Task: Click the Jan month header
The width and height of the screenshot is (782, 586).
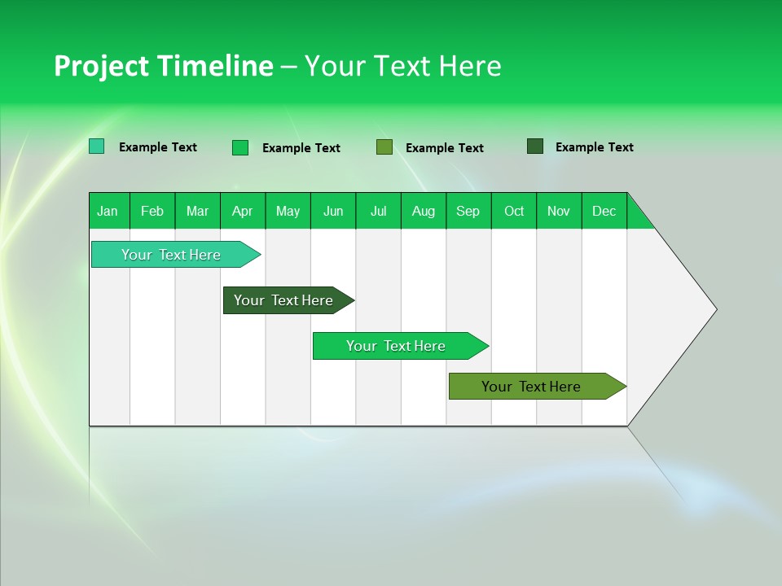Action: click(x=108, y=211)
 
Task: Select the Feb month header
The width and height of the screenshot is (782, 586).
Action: click(x=152, y=211)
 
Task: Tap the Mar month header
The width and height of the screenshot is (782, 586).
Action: click(x=197, y=211)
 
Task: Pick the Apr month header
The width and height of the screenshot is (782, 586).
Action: click(x=243, y=211)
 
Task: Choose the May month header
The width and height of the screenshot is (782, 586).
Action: click(x=288, y=211)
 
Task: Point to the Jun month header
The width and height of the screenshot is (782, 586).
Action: click(x=333, y=211)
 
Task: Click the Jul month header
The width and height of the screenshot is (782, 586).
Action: click(x=378, y=211)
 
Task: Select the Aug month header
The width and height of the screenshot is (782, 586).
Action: click(x=424, y=211)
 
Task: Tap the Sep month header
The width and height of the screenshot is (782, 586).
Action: click(x=468, y=211)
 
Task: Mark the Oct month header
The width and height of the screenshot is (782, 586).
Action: click(x=514, y=211)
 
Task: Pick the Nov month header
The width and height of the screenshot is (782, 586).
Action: click(x=559, y=211)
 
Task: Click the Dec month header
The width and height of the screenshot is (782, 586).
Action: click(x=604, y=211)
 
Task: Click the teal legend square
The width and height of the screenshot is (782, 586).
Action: click(x=97, y=146)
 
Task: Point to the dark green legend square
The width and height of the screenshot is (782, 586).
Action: click(x=535, y=146)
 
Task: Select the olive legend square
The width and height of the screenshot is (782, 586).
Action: click(x=384, y=146)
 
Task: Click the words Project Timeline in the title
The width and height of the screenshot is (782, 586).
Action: click(x=164, y=66)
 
